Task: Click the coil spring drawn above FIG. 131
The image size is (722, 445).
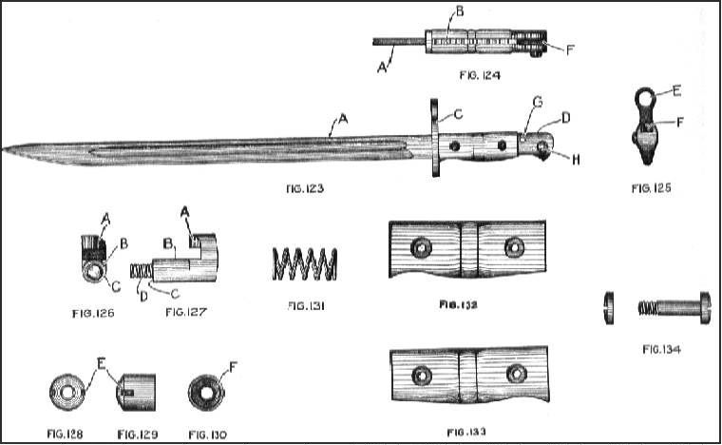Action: pos(305,263)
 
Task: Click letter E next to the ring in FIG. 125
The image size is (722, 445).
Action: pos(677,93)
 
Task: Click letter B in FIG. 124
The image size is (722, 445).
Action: pos(460,11)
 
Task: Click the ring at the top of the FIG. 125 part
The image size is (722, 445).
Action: pos(646,100)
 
